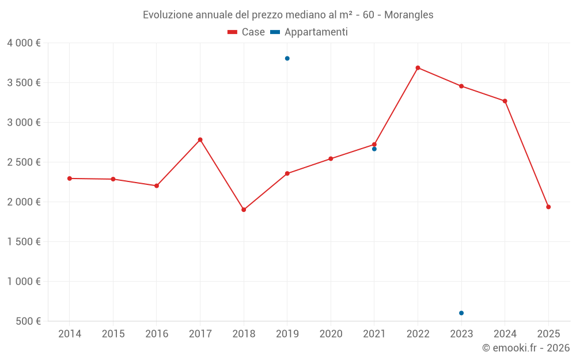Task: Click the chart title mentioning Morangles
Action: tap(288, 15)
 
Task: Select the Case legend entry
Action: tap(246, 32)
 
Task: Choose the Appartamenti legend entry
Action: tap(309, 32)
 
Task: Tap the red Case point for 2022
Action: tap(418, 68)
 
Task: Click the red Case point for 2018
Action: tap(244, 210)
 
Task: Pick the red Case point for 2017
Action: tap(200, 139)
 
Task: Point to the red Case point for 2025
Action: tap(548, 207)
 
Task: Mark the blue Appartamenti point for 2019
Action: tap(287, 58)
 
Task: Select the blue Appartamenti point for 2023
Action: tap(461, 313)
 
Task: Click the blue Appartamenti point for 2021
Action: tap(374, 149)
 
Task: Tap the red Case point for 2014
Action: tap(70, 179)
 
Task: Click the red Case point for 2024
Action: tap(505, 101)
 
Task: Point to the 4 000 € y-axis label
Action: tap(24, 43)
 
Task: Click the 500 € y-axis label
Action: tap(28, 321)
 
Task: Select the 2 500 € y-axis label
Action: tap(24, 162)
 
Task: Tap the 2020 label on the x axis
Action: tap(331, 334)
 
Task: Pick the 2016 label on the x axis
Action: tap(157, 334)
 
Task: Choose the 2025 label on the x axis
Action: tap(548, 334)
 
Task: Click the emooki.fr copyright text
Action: tap(525, 348)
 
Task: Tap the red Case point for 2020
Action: tap(331, 158)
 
